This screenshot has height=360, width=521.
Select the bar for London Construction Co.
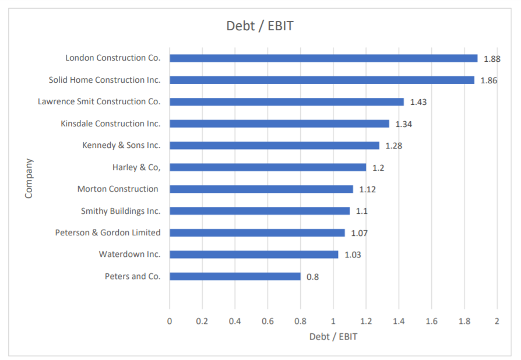(323, 58)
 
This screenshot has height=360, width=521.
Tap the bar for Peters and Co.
(235, 277)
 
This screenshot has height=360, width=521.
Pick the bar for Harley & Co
(267, 167)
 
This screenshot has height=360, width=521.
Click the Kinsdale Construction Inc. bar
(279, 123)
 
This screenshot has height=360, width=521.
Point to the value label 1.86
(488, 80)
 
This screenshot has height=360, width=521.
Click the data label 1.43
(418, 102)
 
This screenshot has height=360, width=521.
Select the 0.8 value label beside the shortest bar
(312, 277)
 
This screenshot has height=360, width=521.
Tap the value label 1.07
(359, 233)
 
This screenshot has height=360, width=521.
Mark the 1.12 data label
(367, 189)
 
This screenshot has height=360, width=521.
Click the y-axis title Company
(29, 178)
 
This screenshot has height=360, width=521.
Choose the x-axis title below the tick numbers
(333, 337)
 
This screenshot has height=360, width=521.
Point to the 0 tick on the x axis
(170, 321)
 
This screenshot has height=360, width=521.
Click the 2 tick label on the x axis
(497, 321)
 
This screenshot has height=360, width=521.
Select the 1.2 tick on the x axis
(366, 321)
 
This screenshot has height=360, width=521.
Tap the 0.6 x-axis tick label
(267, 321)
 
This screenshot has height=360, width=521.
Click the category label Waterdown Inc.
(129, 255)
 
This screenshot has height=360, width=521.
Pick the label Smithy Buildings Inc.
(121, 211)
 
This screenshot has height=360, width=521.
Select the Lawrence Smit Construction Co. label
(99, 101)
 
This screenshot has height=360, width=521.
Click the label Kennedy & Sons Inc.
(121, 145)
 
